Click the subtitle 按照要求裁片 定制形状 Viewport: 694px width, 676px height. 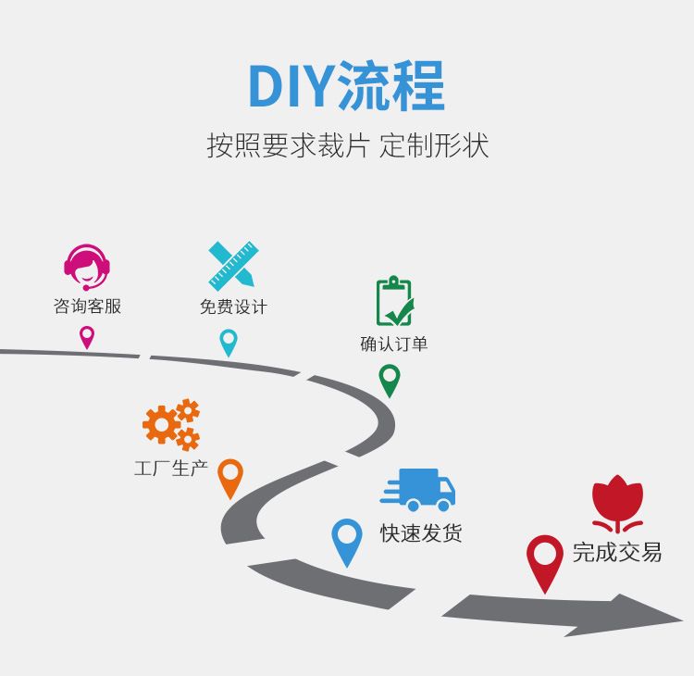(x=346, y=146)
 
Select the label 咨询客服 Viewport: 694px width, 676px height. (x=87, y=307)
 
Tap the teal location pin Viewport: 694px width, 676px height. (x=229, y=342)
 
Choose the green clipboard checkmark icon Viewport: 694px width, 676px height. (x=394, y=302)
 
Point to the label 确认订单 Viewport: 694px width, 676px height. (x=394, y=344)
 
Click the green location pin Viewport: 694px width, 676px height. (x=390, y=380)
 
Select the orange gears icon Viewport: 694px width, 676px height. (x=171, y=424)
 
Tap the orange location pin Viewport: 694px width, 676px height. (x=229, y=477)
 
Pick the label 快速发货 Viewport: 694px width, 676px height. (x=421, y=533)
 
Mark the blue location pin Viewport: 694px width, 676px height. (x=347, y=540)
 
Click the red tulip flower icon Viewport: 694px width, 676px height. (x=617, y=505)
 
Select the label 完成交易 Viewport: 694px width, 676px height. (x=617, y=553)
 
